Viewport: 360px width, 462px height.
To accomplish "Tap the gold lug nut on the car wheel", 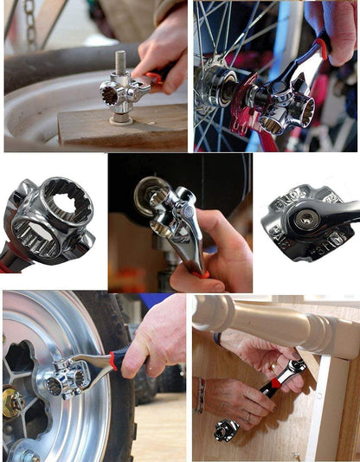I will coord(13,402).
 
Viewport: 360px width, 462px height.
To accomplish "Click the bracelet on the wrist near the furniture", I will coord(201,395).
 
